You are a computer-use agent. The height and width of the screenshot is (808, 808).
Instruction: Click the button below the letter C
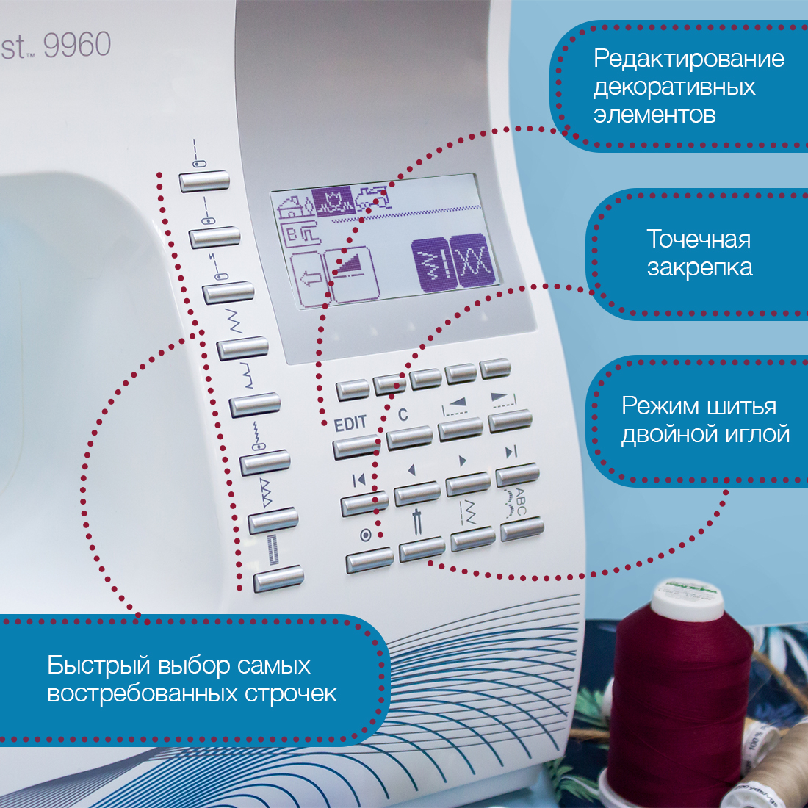[410, 438]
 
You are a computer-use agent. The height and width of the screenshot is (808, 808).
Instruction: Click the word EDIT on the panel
[350, 424]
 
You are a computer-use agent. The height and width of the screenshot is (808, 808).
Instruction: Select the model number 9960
[77, 45]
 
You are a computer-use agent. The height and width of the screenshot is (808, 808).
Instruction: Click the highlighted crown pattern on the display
[333, 200]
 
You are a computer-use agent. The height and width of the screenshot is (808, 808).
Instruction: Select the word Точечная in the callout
[699, 239]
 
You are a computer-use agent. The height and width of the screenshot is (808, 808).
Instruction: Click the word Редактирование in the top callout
[689, 59]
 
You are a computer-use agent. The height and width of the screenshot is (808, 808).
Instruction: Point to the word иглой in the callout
[757, 434]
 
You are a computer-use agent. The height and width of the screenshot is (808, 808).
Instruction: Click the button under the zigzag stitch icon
[242, 348]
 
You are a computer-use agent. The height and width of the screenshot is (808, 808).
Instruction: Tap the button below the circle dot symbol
[369, 560]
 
